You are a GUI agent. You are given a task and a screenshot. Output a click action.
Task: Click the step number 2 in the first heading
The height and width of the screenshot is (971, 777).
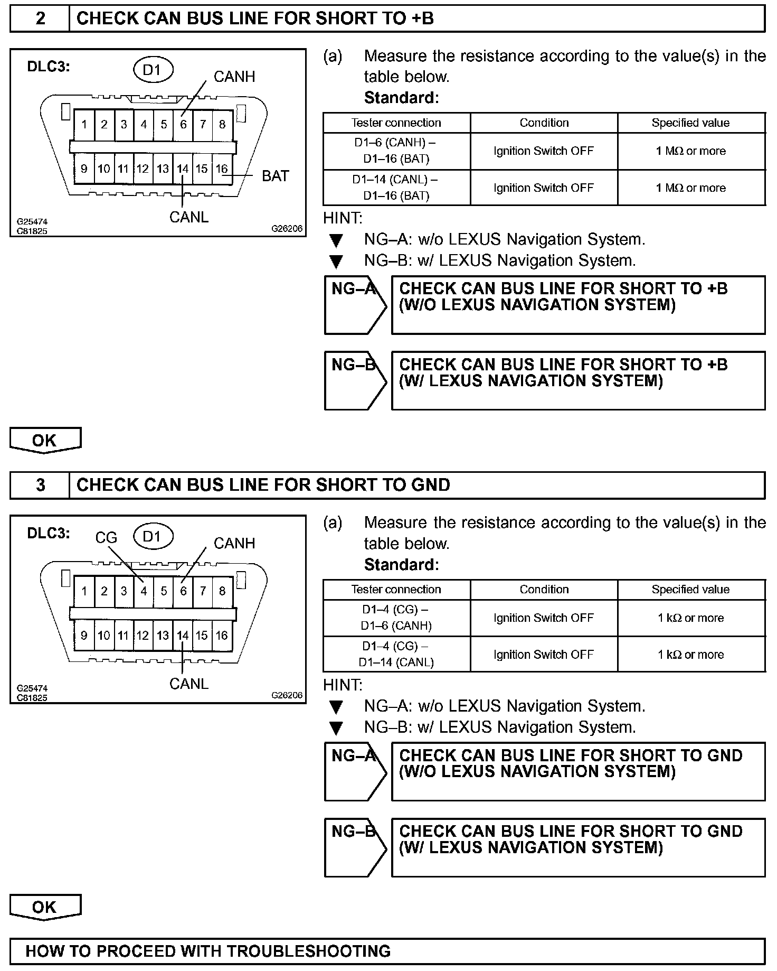tap(40, 19)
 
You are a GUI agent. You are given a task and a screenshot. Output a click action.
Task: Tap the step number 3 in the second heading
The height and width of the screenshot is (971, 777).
tap(40, 485)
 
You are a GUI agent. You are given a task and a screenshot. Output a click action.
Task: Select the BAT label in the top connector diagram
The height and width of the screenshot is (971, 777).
tap(276, 176)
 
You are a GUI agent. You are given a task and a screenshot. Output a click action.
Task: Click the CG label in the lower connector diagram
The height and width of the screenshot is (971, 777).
tap(106, 538)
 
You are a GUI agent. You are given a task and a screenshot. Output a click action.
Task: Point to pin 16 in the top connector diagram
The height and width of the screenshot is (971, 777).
tap(222, 169)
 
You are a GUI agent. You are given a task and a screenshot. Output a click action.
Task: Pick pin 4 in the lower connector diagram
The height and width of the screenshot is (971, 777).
tap(144, 591)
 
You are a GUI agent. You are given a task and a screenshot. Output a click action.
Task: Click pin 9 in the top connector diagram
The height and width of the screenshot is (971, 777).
tap(84, 169)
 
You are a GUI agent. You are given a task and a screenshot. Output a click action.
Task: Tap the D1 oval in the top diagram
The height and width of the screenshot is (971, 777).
tap(152, 70)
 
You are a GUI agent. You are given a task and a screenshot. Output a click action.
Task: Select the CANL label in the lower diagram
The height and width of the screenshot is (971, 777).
tap(189, 684)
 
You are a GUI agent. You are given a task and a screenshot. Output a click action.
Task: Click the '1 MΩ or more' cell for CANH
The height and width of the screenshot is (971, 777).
tap(691, 151)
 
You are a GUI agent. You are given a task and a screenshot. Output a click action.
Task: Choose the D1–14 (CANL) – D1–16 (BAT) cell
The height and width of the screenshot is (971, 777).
tap(396, 188)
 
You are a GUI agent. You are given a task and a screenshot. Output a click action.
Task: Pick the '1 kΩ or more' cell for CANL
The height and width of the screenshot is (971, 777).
tap(691, 655)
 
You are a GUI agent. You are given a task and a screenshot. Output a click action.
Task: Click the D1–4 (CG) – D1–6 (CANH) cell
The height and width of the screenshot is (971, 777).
tap(396, 618)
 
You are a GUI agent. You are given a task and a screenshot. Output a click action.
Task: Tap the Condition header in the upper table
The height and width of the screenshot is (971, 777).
tap(544, 123)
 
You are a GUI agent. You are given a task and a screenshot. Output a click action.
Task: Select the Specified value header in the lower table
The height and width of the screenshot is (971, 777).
tap(691, 590)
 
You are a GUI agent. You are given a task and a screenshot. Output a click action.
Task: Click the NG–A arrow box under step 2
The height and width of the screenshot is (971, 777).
tap(355, 305)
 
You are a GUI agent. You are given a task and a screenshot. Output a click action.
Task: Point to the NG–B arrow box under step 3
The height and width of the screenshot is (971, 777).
tap(355, 847)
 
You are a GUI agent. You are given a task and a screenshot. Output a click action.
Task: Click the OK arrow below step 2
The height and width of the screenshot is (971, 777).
tap(45, 441)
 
